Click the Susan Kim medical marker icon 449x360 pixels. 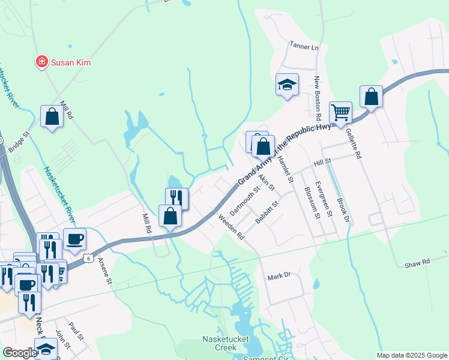[41, 62]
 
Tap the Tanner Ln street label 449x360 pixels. [303, 46]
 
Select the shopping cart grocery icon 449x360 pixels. [340, 112]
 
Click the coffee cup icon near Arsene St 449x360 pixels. [74, 239]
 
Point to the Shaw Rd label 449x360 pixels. [417, 263]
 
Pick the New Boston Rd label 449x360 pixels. [319, 99]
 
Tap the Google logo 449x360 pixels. [20, 353]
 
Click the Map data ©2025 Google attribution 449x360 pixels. [411, 355]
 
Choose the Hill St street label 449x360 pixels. [322, 163]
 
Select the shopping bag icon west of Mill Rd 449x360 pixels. [52, 116]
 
